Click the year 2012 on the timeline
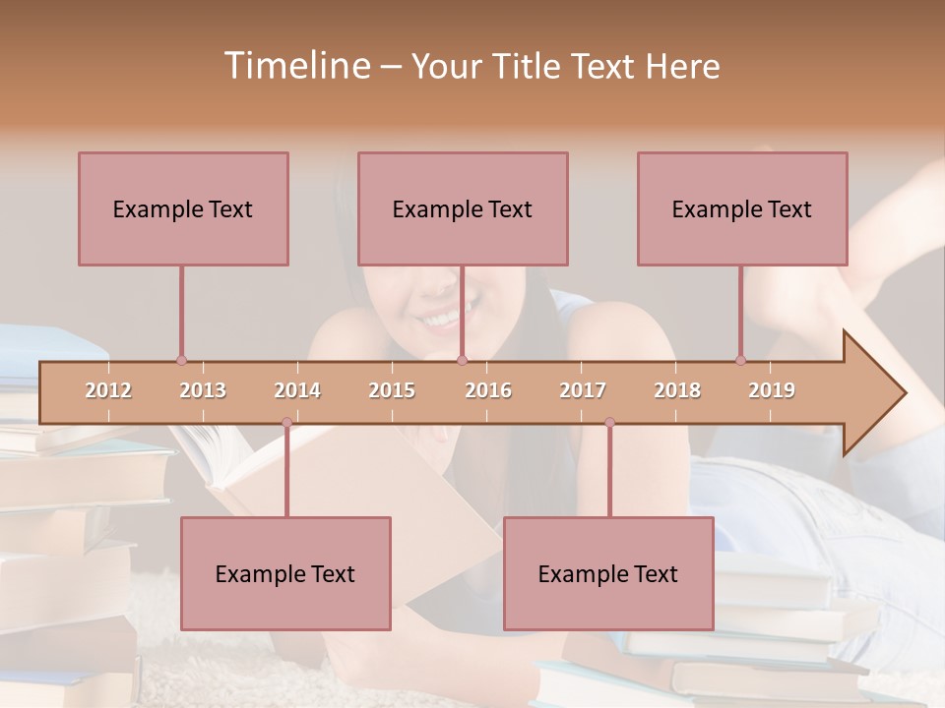pyautogui.click(x=108, y=390)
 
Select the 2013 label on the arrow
pyautogui.click(x=203, y=390)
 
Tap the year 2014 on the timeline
pyautogui.click(x=297, y=390)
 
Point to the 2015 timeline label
pyautogui.click(x=392, y=390)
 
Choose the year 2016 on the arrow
pyautogui.click(x=488, y=390)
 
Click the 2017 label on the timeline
pyautogui.click(x=583, y=390)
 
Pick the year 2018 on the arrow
pyautogui.click(x=677, y=390)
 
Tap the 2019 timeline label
pyautogui.click(x=772, y=390)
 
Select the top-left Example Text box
pyautogui.click(x=183, y=208)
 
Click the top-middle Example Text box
pyautogui.click(x=463, y=208)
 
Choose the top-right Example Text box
pyautogui.click(x=742, y=208)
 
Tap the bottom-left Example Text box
pyautogui.click(x=285, y=573)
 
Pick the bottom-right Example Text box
pyautogui.click(x=608, y=573)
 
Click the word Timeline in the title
pyautogui.click(x=295, y=66)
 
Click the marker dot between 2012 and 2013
pyautogui.click(x=181, y=361)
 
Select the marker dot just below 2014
pyautogui.click(x=286, y=423)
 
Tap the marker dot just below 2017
pyautogui.click(x=609, y=423)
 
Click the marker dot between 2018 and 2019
pyautogui.click(x=740, y=361)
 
